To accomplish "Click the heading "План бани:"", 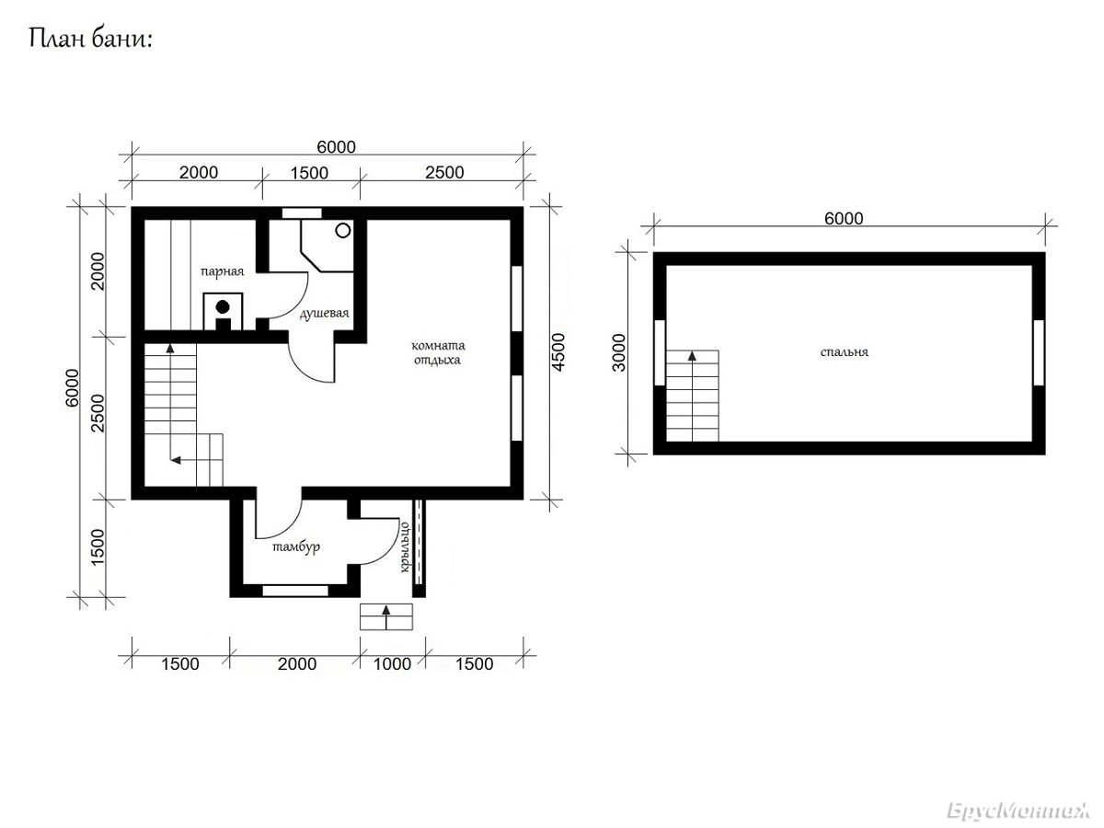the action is coord(90,39).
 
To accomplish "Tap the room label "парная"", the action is coord(223,272).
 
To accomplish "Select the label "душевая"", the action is coord(324,314).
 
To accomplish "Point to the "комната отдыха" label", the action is coord(438,353).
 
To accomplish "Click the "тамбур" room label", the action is coord(296,547).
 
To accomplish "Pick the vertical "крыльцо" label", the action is coord(404,547).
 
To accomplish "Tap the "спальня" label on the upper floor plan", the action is coord(844,352).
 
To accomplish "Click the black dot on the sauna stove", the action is coord(223,306).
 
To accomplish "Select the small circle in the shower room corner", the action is coord(343,231).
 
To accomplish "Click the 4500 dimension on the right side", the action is coord(558,352).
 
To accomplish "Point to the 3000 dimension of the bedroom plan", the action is coord(619,352).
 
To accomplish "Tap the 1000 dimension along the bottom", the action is coord(392,664).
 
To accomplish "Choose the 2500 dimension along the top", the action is coord(444,172).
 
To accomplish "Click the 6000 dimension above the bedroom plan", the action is coord(844,219).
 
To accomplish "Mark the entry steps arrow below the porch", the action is coord(386,617).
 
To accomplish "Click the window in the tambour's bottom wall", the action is coord(295,591).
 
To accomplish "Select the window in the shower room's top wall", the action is coord(301,213).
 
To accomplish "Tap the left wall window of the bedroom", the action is coord(660,352).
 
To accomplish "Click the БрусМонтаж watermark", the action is coord(1019,811).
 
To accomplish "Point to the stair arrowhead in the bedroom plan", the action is coord(692,356).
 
